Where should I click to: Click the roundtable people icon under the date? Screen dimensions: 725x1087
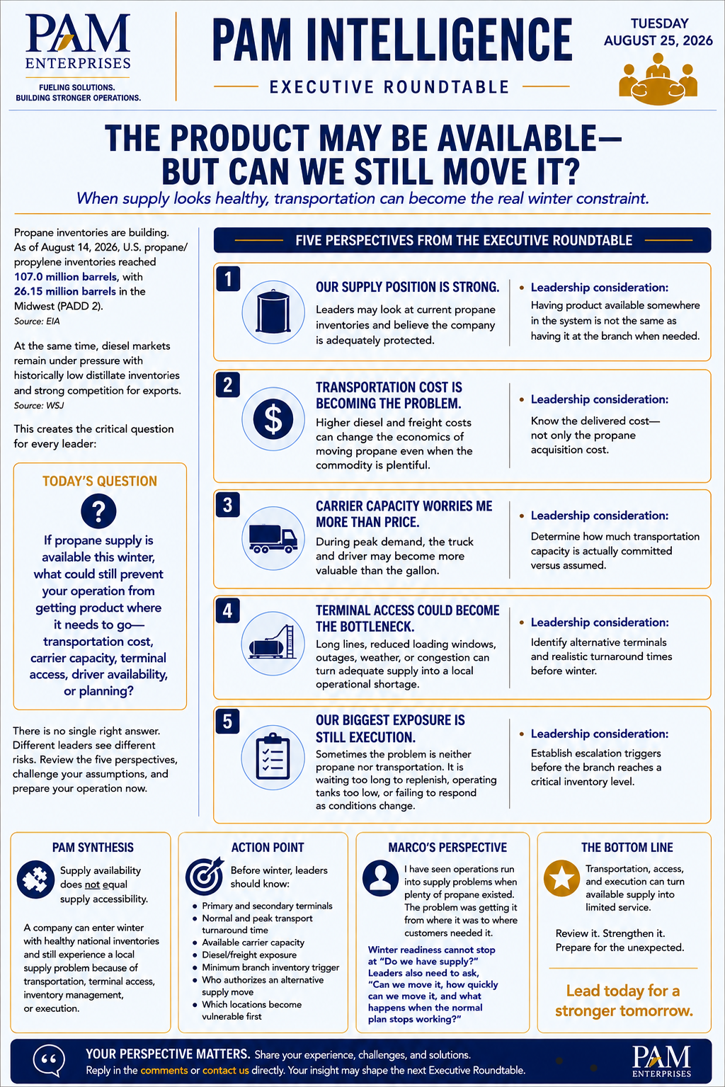[x=658, y=79]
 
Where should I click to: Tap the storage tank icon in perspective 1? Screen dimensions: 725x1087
[x=273, y=312]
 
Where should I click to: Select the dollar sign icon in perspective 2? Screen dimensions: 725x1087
[x=273, y=419]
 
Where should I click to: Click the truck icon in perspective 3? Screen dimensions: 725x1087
[x=273, y=538]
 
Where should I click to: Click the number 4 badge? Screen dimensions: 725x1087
[x=227, y=610]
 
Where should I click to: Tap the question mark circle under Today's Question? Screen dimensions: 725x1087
[x=98, y=511]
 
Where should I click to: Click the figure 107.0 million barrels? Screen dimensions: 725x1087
[x=66, y=277]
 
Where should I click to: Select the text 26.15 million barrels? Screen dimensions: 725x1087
[x=65, y=291]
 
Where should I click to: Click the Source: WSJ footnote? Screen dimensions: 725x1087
[x=39, y=406]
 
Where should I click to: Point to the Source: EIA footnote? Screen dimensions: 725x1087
[x=37, y=321]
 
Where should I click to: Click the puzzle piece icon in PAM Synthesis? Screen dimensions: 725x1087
[x=35, y=879]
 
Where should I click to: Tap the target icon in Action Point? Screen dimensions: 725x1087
[x=205, y=876]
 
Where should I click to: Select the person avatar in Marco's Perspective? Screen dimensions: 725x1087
[x=380, y=878]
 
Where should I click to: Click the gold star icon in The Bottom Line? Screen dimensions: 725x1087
[x=561, y=878]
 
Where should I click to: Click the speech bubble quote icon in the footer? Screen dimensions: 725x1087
[x=49, y=1061]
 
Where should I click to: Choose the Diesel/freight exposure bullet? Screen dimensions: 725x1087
[x=249, y=955]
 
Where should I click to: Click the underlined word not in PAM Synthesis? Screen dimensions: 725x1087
[x=92, y=884]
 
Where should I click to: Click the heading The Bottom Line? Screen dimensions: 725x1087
[x=627, y=847]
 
